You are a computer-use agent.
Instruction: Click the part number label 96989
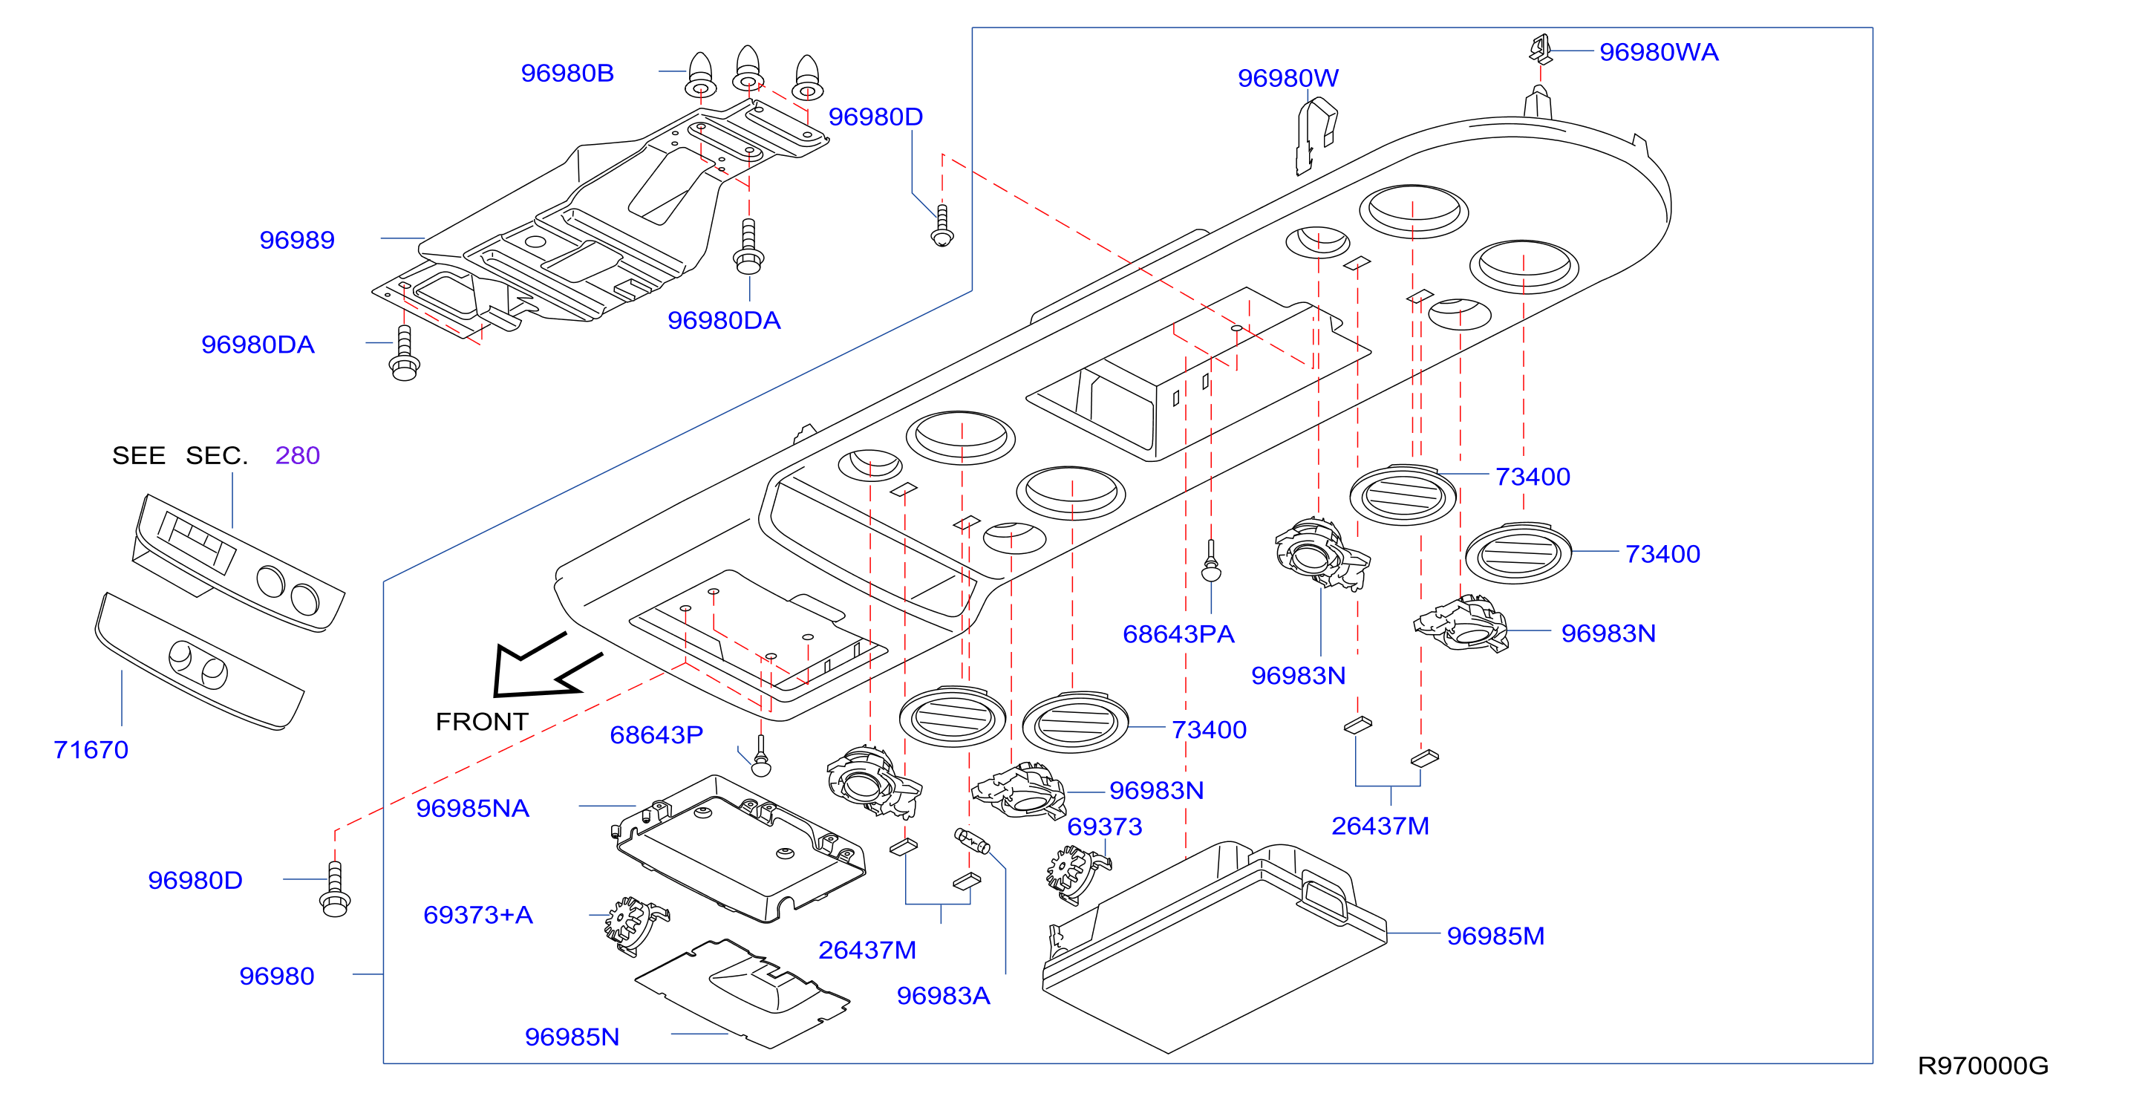[x=297, y=240]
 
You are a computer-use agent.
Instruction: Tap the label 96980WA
[x=1659, y=52]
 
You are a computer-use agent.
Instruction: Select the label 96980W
[x=1288, y=78]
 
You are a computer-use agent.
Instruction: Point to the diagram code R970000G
[x=1983, y=1066]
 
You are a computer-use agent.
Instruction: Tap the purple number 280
[x=298, y=456]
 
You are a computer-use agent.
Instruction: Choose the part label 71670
[x=91, y=749]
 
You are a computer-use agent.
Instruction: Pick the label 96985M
[x=1495, y=936]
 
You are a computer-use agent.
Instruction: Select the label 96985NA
[x=472, y=808]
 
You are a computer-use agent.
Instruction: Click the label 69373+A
[x=478, y=915]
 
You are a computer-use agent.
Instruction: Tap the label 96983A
[x=943, y=995]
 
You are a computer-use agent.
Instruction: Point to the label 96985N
[x=572, y=1037]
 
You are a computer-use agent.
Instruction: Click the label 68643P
[x=656, y=734]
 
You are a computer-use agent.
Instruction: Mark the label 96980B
[x=567, y=73]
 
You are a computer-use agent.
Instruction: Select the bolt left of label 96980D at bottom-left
[x=335, y=890]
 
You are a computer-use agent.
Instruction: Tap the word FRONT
[x=481, y=722]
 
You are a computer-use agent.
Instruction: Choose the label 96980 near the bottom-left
[x=277, y=977]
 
